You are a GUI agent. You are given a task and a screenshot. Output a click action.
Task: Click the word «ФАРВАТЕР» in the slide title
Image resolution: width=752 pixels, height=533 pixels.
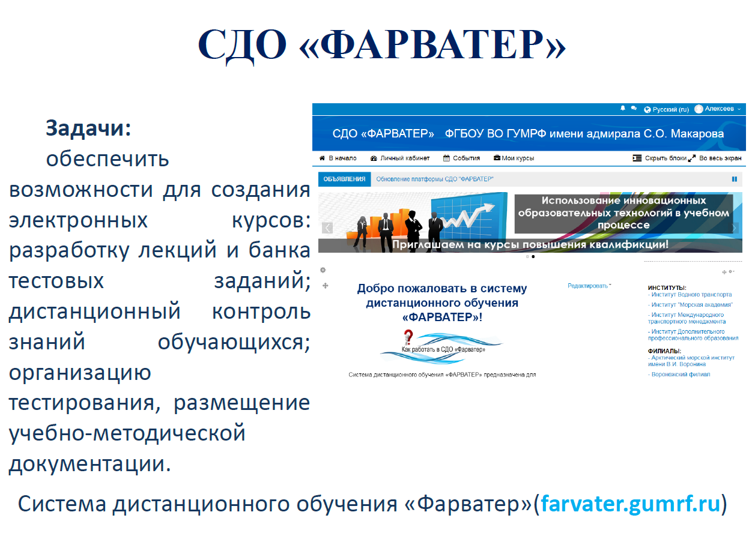432,45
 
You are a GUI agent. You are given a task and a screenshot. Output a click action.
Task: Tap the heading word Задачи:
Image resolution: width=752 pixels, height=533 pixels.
88,128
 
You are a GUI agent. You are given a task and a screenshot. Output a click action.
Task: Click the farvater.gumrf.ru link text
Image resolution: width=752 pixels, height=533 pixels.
631,504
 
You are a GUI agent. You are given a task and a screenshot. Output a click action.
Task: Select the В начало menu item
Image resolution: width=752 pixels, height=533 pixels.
338,158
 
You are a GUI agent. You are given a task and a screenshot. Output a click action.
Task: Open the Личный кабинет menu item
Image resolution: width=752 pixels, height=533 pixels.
400,158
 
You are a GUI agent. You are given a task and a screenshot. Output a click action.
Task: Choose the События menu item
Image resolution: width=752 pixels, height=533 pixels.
462,158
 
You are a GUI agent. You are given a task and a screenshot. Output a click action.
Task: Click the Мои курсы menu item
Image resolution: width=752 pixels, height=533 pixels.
514,158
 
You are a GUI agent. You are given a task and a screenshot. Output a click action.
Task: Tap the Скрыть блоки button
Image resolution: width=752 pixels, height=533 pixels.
660,158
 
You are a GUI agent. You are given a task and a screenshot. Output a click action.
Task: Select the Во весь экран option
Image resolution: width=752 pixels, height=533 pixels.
715,158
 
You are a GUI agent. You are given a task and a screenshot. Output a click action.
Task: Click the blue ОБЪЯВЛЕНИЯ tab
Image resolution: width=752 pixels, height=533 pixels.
344,179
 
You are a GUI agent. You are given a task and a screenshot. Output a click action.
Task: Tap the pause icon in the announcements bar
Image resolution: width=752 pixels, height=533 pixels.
735,179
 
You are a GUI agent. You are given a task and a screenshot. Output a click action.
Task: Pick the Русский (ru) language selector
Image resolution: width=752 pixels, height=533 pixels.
666,109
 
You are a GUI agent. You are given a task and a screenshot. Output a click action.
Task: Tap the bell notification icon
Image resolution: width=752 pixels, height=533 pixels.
623,108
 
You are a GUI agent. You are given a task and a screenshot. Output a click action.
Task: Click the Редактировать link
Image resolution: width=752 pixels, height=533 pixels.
589,286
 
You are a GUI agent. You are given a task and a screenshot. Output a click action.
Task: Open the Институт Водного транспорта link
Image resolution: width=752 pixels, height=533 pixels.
690,295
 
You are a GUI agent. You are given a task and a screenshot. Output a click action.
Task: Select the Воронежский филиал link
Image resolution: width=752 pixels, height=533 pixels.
679,375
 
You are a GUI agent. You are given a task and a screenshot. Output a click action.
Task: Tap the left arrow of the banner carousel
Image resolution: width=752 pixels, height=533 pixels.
327,227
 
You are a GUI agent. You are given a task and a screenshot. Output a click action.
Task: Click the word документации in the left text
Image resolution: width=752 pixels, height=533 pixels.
89,464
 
